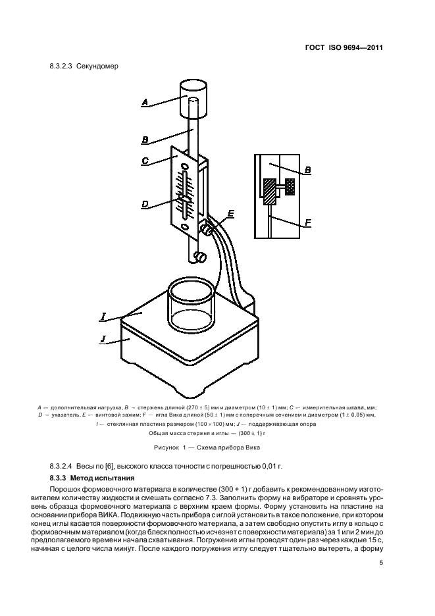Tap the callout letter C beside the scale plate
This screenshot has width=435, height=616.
click(x=145, y=159)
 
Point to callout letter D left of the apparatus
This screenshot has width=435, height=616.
click(x=145, y=205)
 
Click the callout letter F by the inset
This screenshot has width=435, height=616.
click(x=307, y=224)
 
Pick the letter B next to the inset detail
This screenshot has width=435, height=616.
click(x=307, y=170)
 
